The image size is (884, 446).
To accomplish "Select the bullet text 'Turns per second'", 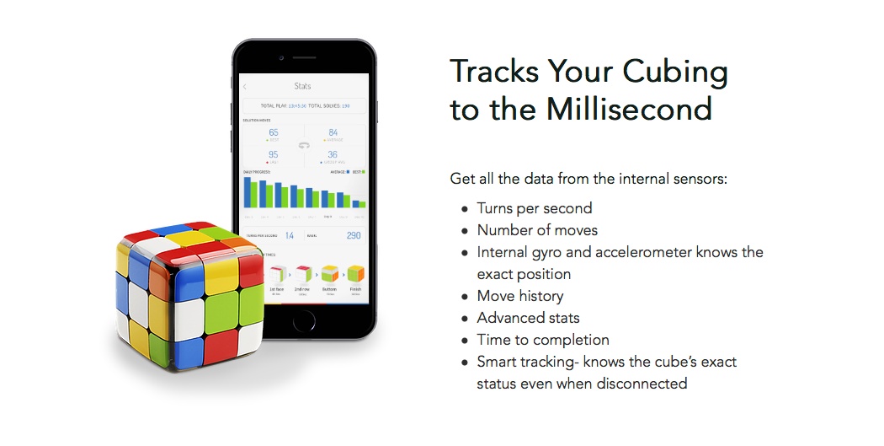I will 534,208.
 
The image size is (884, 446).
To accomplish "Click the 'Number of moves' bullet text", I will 537,230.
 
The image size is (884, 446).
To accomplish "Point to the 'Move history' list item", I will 519,296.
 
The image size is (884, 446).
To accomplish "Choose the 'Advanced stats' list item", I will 528,318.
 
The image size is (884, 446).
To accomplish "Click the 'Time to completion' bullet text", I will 543,340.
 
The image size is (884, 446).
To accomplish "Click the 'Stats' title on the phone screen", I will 302,86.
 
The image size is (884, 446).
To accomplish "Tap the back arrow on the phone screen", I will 245,86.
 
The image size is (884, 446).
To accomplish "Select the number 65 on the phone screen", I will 274,132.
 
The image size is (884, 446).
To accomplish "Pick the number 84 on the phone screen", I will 333,132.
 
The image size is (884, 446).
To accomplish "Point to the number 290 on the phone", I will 354,235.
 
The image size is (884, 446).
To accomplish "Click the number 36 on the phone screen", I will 333,154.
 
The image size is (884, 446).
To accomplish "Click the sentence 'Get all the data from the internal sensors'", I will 588,179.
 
